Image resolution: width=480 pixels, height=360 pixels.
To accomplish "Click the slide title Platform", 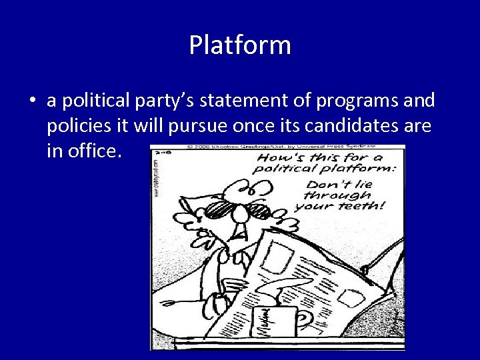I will pyautogui.click(x=240, y=45).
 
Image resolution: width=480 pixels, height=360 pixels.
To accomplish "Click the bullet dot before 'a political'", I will pyautogui.click(x=32, y=101).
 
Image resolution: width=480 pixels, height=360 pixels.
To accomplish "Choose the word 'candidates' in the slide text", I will pyautogui.click(x=352, y=126).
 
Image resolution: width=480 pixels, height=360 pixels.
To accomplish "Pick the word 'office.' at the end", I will pyautogui.click(x=85, y=151).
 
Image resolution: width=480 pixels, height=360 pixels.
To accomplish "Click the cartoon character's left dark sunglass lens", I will pyautogui.click(x=218, y=211).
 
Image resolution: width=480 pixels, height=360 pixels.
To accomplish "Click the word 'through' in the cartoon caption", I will pyautogui.click(x=337, y=195).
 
